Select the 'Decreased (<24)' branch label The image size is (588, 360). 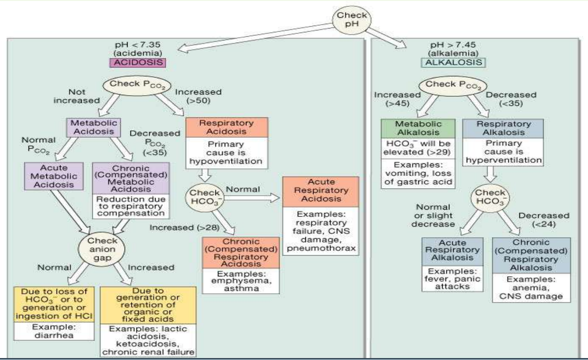point(542,220)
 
